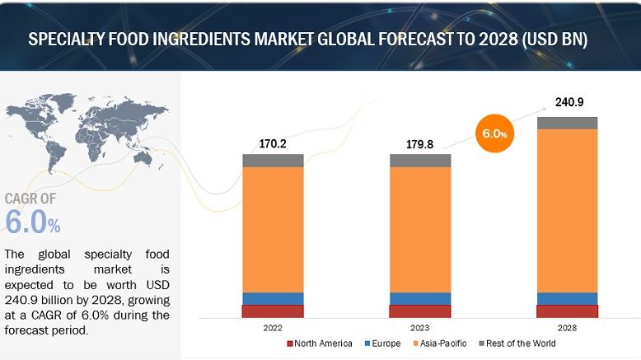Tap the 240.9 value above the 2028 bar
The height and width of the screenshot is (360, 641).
(567, 103)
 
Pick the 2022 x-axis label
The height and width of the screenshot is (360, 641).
(273, 327)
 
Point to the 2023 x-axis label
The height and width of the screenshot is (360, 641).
(420, 327)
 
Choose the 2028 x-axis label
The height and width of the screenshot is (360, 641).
(567, 327)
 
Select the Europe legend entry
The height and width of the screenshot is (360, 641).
(385, 344)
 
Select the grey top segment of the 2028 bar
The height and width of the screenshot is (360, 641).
(567, 123)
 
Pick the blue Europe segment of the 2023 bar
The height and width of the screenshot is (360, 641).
(420, 298)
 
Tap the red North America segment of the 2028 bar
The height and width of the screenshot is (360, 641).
(567, 311)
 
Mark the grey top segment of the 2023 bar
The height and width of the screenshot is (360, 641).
(420, 161)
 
